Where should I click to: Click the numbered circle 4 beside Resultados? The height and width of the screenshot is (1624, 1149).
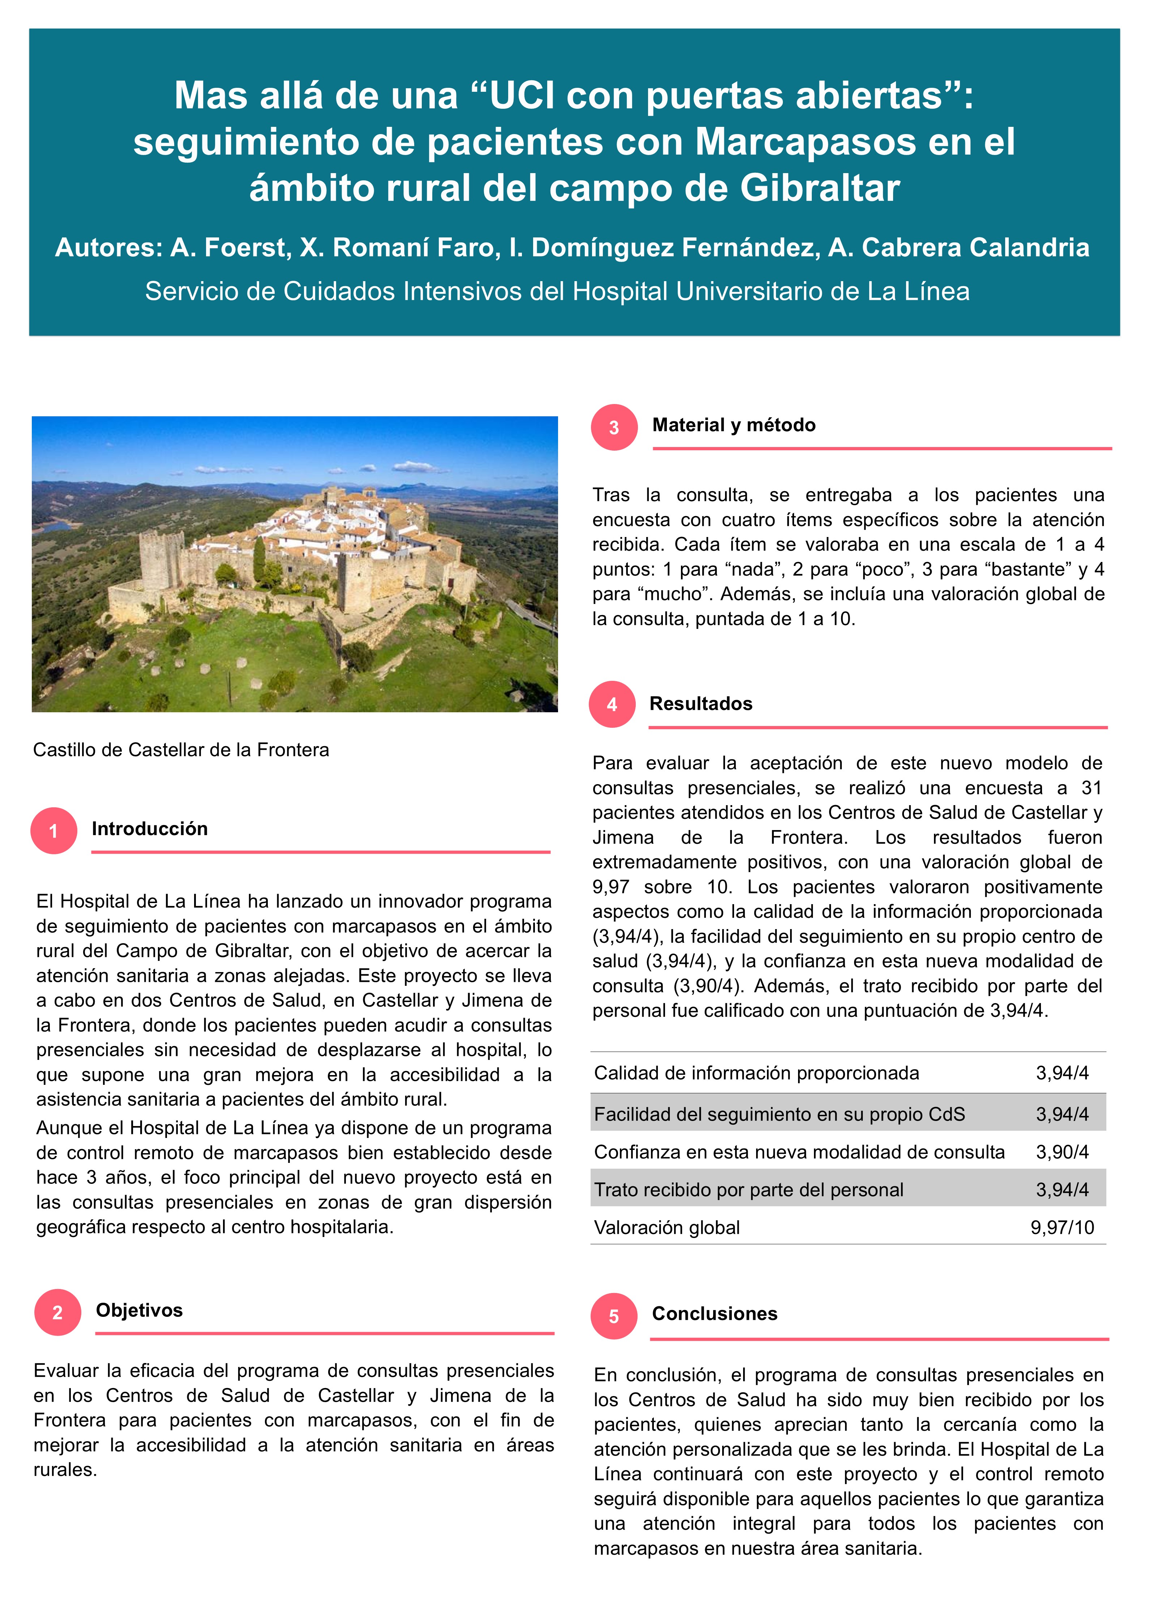[x=612, y=704]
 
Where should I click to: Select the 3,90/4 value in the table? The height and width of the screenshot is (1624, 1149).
[x=1062, y=1152]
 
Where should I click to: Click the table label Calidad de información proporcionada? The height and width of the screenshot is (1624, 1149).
[x=756, y=1073]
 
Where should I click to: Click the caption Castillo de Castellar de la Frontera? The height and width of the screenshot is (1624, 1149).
[x=181, y=750]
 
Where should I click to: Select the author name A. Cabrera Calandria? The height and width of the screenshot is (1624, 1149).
[x=959, y=248]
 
